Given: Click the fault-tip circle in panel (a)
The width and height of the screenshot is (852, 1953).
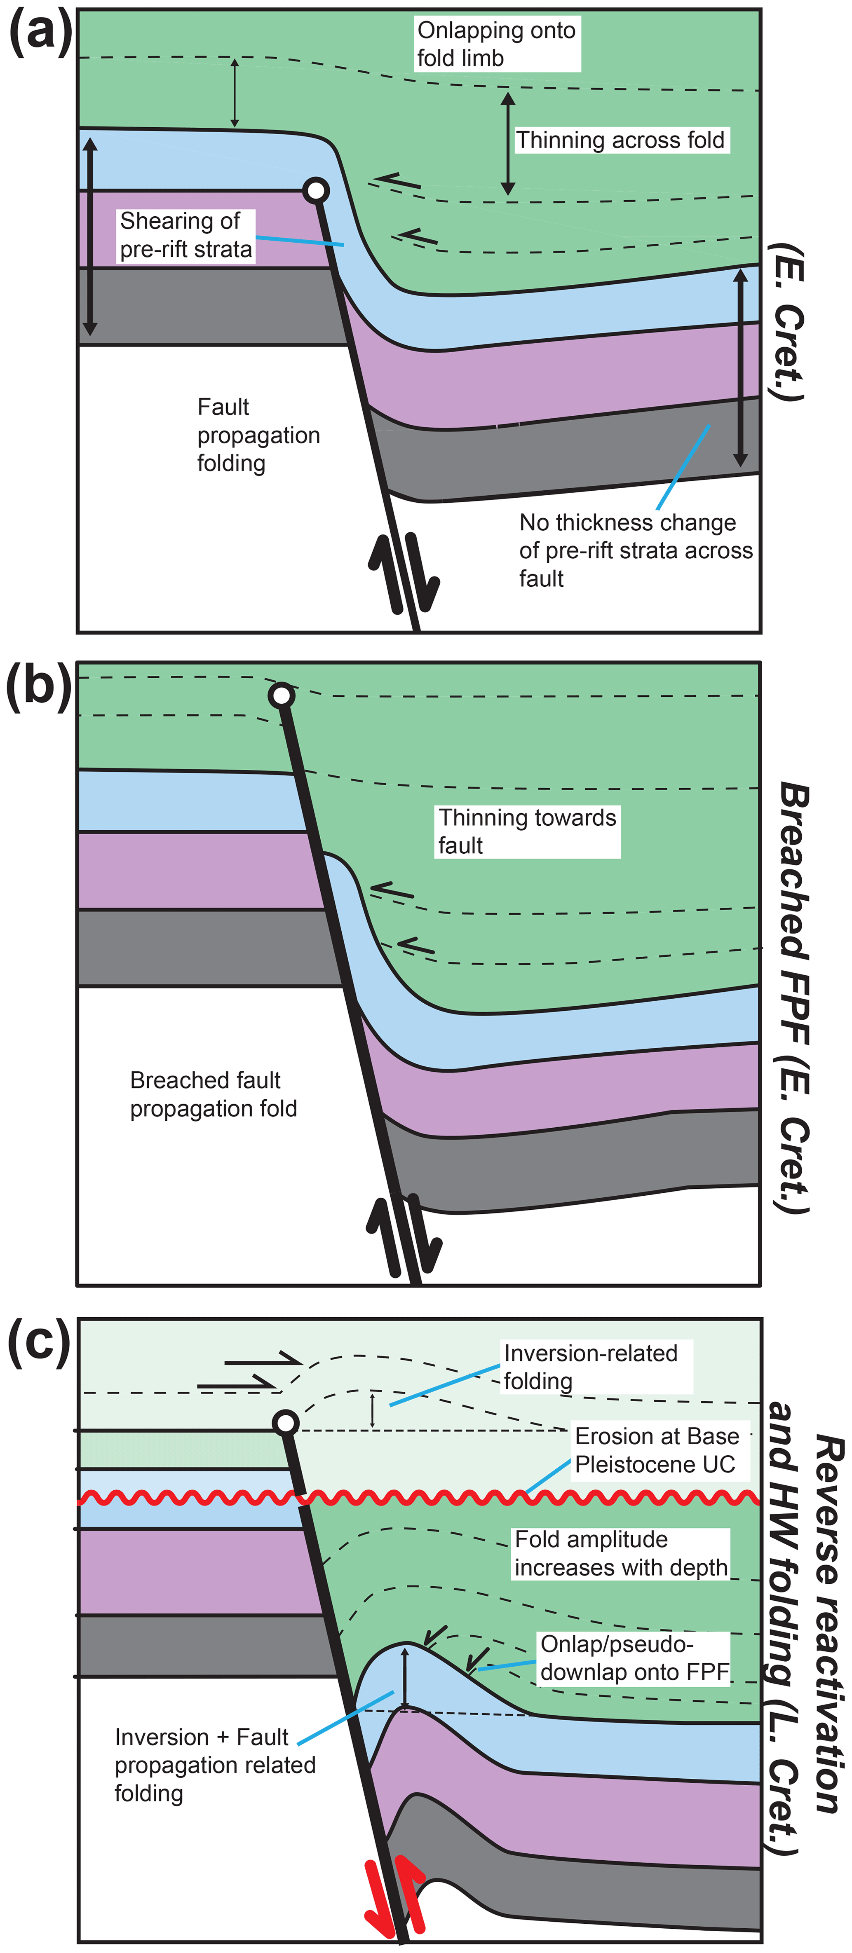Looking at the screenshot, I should point(316,190).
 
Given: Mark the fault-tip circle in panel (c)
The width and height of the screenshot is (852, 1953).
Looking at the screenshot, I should point(285,1423).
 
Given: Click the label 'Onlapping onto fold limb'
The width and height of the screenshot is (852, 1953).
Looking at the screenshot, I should point(497,44).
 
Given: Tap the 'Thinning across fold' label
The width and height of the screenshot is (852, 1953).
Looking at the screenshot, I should point(621,140).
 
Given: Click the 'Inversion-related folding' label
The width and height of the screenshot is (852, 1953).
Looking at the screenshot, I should point(590,1367).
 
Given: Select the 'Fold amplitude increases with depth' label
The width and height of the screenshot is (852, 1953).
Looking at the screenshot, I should point(621,1553).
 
